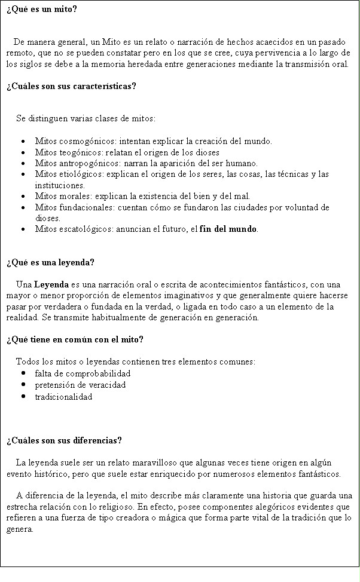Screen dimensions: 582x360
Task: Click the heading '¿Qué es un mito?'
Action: click(41, 10)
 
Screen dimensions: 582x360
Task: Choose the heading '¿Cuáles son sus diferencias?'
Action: click(63, 440)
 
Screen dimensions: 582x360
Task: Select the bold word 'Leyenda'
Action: click(50, 284)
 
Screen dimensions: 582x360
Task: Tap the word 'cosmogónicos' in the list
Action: click(87, 142)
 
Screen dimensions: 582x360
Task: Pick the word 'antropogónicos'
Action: click(90, 163)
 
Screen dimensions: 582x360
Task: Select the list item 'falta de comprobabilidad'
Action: click(83, 373)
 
